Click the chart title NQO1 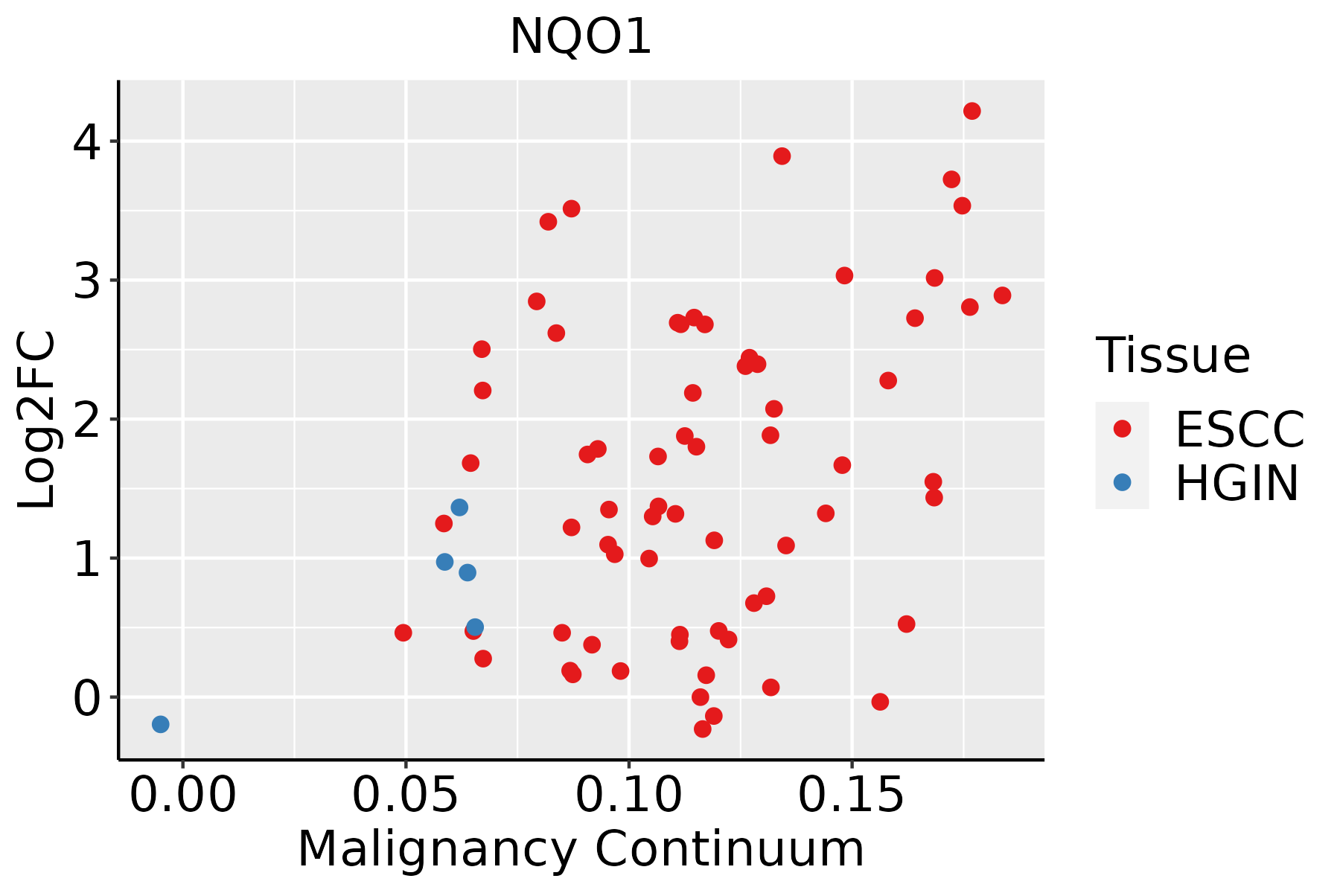tap(581, 36)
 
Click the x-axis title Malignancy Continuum tap(581, 849)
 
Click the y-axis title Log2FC tap(37, 420)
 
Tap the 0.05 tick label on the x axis tap(406, 796)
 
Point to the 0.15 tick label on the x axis tap(852, 796)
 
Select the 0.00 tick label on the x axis tap(183, 796)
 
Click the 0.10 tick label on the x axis tap(629, 796)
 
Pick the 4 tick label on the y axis tap(86, 141)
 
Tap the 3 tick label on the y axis tap(86, 281)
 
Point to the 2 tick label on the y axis tap(86, 420)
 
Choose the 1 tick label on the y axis tap(86, 558)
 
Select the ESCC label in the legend tap(1239, 429)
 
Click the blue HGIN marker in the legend tap(1122, 482)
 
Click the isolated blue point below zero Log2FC tap(161, 724)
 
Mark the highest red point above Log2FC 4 tap(972, 111)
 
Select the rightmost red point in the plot tap(1003, 295)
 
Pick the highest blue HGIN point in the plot tap(459, 508)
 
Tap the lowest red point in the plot tap(703, 729)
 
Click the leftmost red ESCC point tap(403, 633)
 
